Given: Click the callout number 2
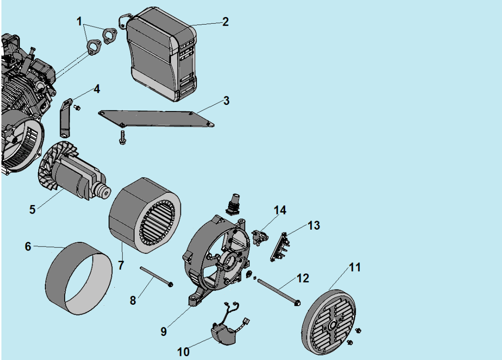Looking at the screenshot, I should point(225,22).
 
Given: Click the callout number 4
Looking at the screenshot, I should point(96,89).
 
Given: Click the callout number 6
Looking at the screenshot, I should point(28,246).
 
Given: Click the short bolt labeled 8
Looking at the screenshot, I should point(155,276).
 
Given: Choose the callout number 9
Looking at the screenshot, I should point(163,331).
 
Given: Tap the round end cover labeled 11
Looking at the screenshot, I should point(333,324).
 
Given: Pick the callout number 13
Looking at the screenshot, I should point(313,226).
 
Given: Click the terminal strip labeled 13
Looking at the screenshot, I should point(279,246).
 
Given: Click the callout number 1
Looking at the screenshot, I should point(79,22).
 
